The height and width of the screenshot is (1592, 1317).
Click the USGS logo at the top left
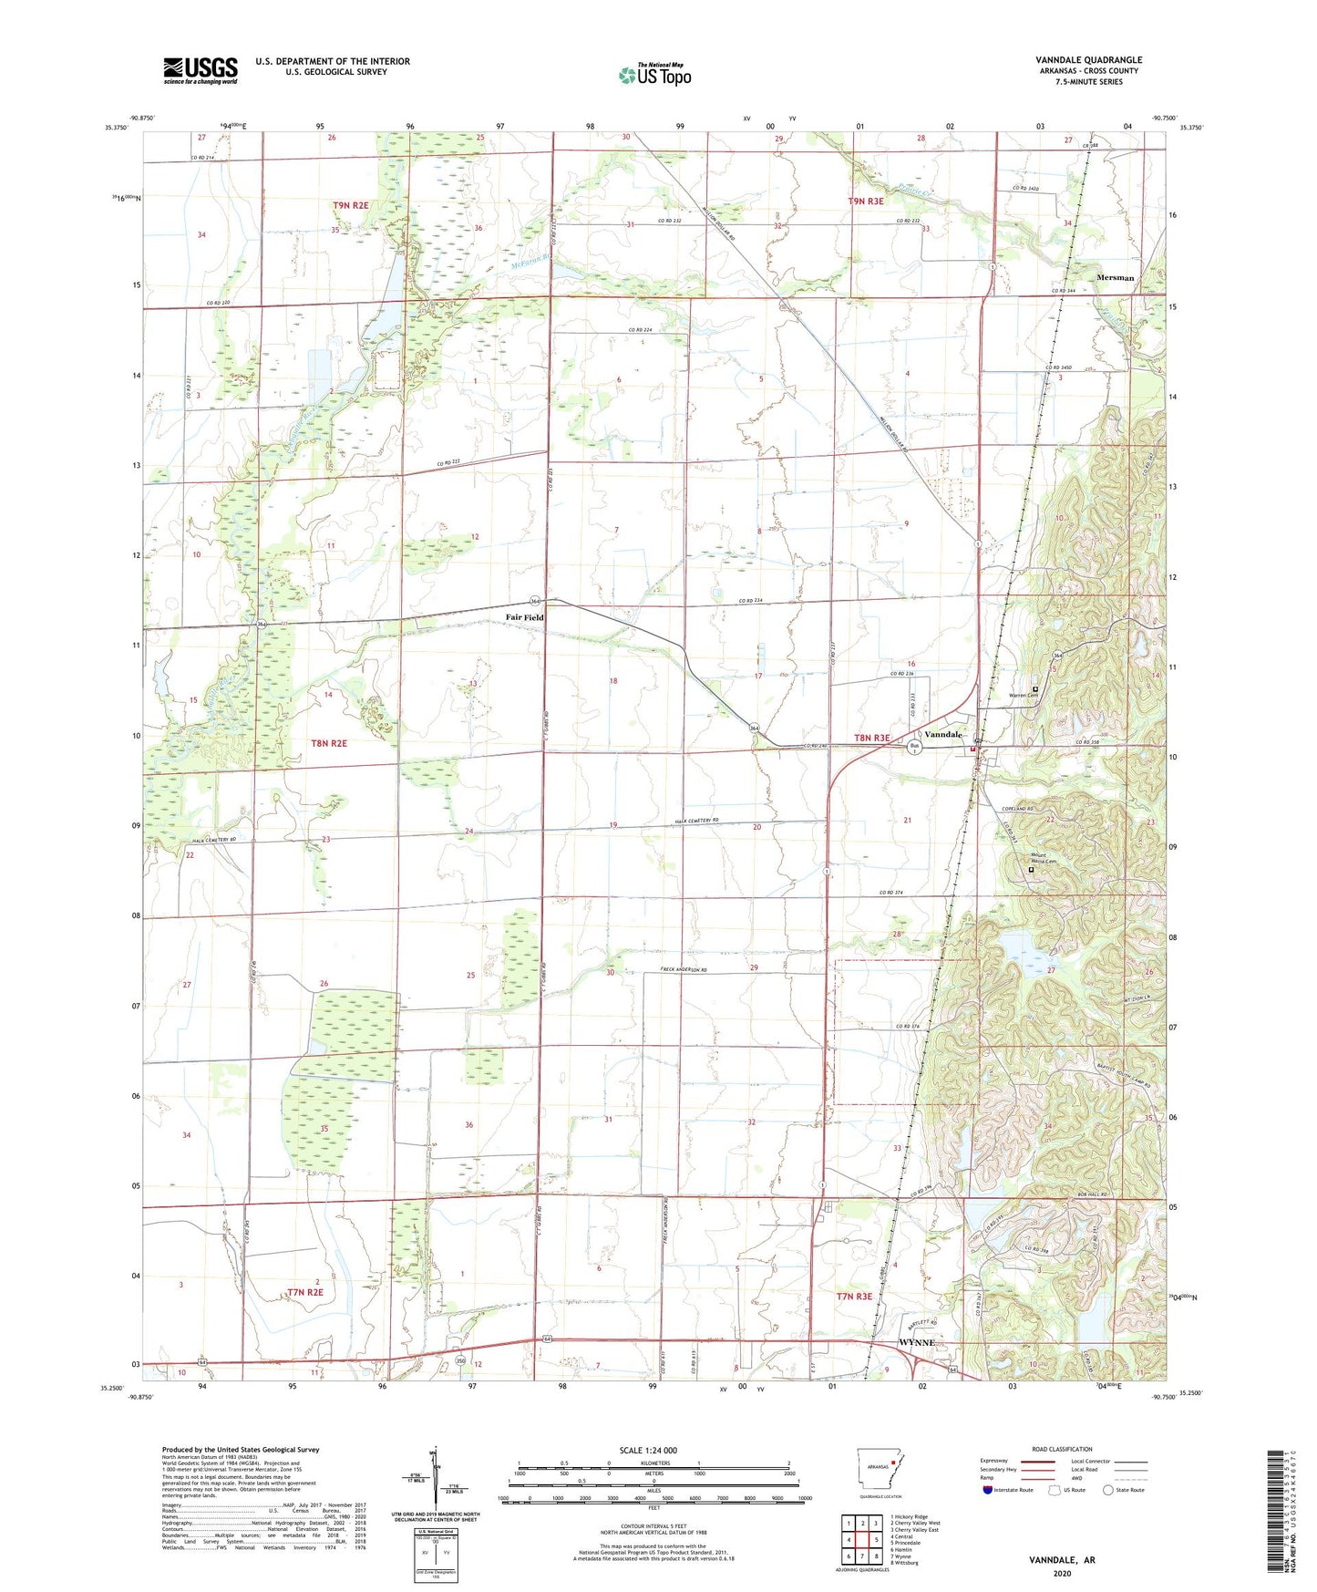(x=200, y=70)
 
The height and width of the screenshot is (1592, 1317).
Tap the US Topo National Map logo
(x=654, y=75)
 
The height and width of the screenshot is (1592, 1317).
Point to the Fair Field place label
(x=525, y=617)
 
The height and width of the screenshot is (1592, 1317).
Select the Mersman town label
(x=1116, y=278)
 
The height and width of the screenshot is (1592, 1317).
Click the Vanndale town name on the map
(x=943, y=734)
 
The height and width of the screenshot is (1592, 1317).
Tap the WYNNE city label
(x=916, y=1343)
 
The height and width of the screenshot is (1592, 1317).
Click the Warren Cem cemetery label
(x=1024, y=696)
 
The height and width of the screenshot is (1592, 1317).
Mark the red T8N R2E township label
(x=329, y=743)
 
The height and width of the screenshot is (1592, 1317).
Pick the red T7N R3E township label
(x=854, y=1296)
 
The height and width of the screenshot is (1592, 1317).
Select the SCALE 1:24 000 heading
(x=647, y=1451)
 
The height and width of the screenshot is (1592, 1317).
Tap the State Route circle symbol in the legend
(x=1108, y=1490)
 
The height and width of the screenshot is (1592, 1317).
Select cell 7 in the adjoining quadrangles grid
(x=862, y=1531)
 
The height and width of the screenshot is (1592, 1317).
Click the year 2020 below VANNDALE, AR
(x=1062, y=1573)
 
